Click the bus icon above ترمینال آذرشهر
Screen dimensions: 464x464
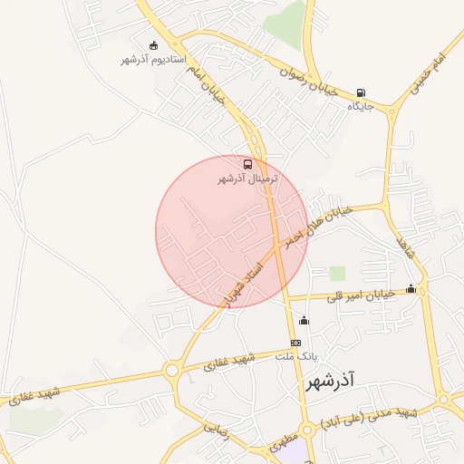(247, 165)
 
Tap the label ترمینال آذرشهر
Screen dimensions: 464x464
(247, 179)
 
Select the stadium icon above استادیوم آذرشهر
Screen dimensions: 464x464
(153, 44)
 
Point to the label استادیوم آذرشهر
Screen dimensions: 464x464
(153, 59)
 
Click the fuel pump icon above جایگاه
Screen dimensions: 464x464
(362, 92)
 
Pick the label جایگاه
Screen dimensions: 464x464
(361, 107)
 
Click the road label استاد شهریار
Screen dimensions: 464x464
(245, 282)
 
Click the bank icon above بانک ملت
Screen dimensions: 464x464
(295, 343)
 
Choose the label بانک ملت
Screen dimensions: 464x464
(295, 357)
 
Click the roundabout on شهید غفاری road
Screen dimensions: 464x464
(170, 370)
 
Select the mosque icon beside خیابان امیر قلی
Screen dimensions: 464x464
(411, 289)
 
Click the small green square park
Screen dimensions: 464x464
(337, 273)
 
